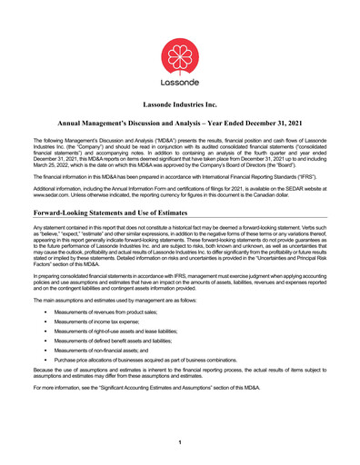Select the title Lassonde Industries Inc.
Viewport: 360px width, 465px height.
point(180,105)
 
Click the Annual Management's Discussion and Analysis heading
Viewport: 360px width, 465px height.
point(180,121)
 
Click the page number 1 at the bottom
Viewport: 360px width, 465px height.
point(180,441)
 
